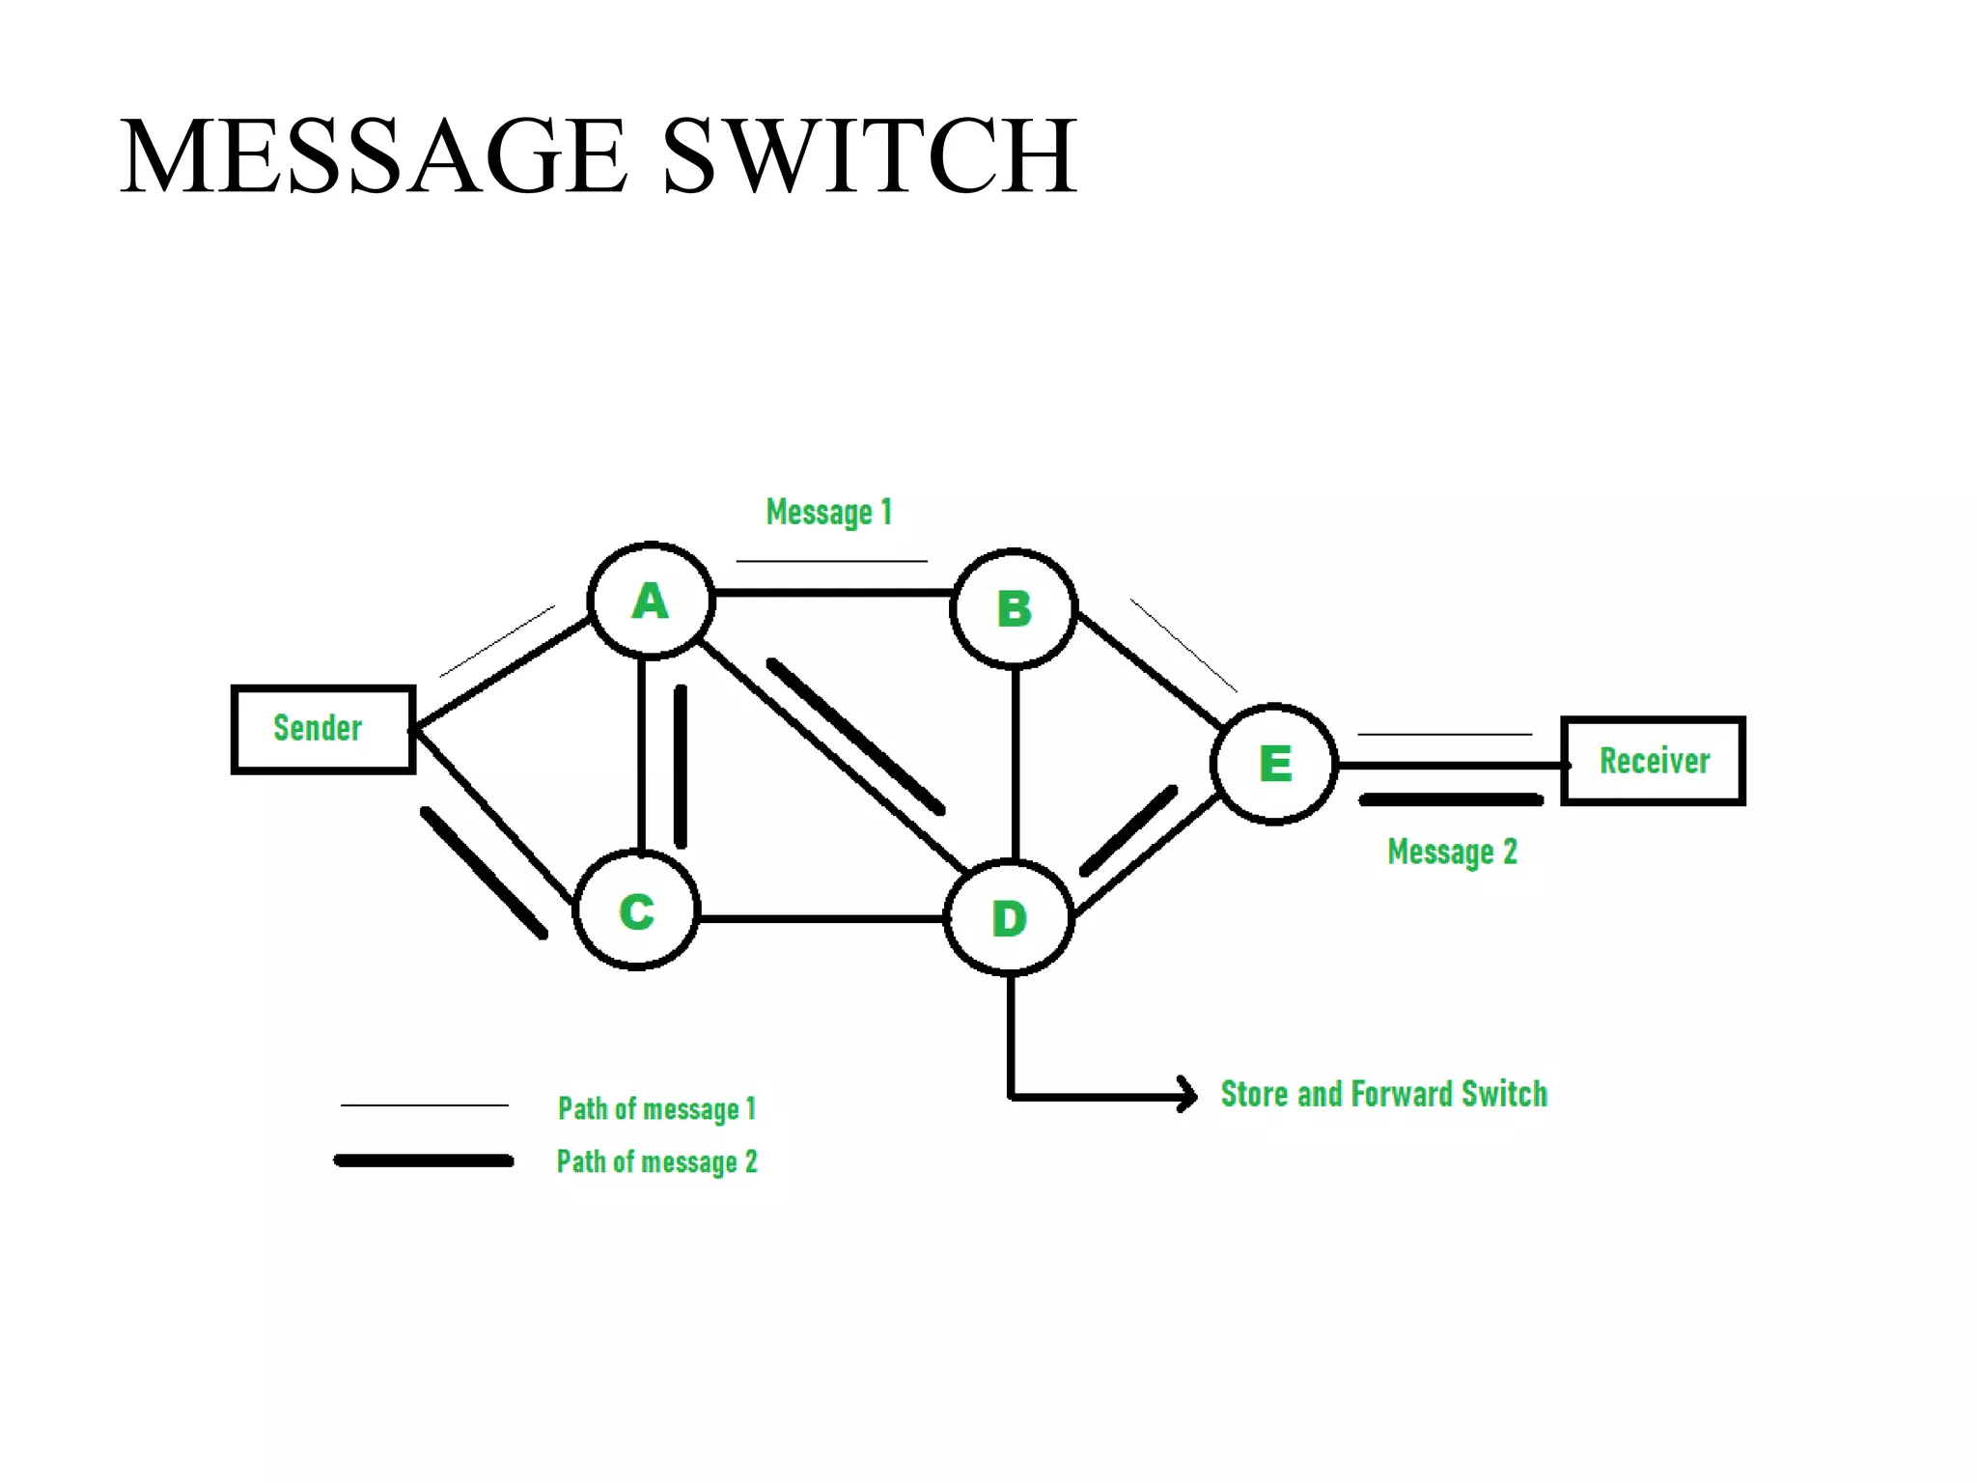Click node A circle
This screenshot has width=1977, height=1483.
[651, 602]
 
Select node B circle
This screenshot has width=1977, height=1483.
[1014, 608]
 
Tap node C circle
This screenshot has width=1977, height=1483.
[636, 910]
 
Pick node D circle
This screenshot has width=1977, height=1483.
[1010, 917]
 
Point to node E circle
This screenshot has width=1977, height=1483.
[1274, 764]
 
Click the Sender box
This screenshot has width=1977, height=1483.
[323, 729]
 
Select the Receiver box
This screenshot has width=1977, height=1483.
[1653, 761]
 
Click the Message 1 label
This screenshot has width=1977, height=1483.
[828, 512]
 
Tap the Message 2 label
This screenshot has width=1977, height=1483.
[1452, 852]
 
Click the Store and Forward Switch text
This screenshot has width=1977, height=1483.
[1383, 1094]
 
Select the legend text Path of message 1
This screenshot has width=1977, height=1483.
[656, 1108]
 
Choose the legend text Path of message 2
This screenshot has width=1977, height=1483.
[656, 1161]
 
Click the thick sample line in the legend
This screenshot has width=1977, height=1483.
[424, 1161]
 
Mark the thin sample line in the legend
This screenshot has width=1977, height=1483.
[424, 1105]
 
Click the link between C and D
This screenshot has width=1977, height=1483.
[821, 918]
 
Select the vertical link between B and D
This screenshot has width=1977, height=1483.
[1015, 763]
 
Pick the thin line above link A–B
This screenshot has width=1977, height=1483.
[831, 561]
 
